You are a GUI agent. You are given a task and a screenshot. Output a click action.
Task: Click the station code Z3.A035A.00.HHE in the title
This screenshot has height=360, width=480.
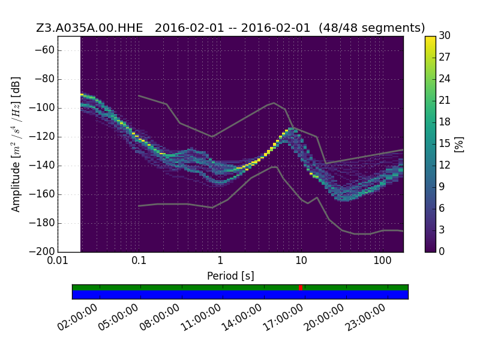[89, 28]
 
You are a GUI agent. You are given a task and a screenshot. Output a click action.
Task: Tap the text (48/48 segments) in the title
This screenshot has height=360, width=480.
[371, 28]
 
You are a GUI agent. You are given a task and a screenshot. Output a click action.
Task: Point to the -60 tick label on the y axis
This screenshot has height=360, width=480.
[44, 50]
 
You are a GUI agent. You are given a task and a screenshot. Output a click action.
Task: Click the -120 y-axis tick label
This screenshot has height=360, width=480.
[42, 137]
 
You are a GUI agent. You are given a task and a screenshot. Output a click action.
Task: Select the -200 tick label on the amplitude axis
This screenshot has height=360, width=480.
[42, 251]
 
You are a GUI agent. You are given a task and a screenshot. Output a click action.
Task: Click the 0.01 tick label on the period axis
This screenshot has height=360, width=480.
[58, 261]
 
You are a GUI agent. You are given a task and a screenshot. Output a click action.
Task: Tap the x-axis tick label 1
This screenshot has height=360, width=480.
[220, 261]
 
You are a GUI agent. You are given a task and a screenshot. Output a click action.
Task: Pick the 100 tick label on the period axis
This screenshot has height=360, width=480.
[382, 261]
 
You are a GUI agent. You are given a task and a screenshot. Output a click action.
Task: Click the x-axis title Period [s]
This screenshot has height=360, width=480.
[230, 276]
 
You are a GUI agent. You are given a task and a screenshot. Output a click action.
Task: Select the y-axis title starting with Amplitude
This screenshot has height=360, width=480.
[16, 144]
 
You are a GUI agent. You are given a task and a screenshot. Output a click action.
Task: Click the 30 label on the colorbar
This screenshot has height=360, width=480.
[445, 36]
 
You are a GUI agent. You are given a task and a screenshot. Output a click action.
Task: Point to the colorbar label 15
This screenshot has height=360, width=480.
[445, 143]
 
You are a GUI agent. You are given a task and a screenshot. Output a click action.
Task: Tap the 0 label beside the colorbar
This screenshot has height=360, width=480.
[442, 251]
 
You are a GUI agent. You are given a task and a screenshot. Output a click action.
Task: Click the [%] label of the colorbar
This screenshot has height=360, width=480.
[459, 144]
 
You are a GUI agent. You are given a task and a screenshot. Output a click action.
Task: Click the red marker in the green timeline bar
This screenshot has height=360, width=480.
[301, 288]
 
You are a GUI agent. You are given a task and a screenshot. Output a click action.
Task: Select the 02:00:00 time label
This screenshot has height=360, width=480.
[77, 317]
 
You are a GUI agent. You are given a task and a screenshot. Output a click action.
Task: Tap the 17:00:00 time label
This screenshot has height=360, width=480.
[283, 317]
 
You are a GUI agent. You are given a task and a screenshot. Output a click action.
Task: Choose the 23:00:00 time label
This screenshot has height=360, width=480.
[365, 317]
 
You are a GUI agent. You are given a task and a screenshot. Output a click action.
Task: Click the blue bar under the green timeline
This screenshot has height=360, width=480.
[241, 295]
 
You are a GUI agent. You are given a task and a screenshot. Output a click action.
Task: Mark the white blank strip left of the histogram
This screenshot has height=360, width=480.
[69, 144]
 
